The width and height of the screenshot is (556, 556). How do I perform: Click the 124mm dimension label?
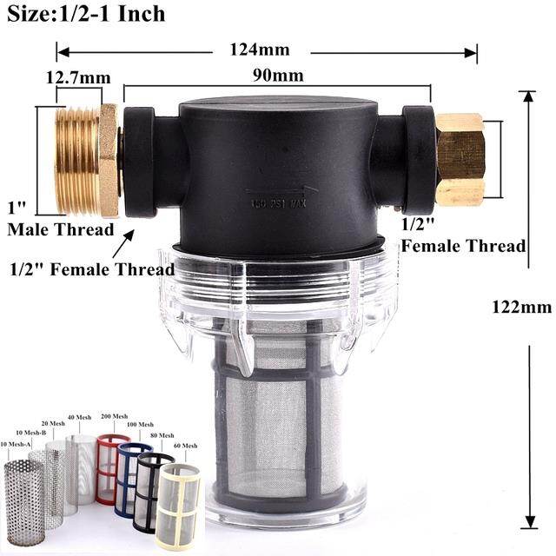[x=260, y=50]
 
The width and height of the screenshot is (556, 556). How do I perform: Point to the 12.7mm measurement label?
[x=78, y=78]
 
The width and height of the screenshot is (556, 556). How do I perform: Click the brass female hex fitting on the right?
[x=460, y=159]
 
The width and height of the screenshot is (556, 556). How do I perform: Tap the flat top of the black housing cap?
[x=278, y=107]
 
